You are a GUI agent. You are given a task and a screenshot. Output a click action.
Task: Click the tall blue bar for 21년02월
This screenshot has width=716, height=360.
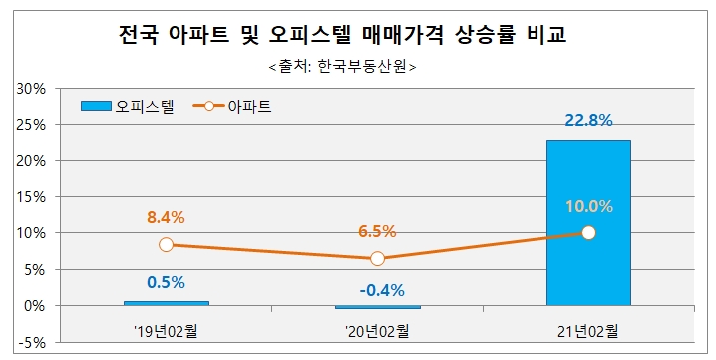[588, 221]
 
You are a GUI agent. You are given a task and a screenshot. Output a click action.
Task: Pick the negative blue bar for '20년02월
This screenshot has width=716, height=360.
[377, 307]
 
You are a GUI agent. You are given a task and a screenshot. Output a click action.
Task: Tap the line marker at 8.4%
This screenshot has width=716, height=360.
[166, 245]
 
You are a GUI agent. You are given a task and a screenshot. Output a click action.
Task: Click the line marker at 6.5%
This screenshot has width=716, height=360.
[377, 259]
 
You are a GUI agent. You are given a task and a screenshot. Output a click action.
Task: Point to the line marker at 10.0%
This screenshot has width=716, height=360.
[588, 233]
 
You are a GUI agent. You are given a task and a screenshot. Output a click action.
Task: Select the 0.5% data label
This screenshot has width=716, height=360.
[166, 282]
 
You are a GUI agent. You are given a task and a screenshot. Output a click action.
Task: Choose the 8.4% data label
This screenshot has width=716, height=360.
[166, 217]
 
